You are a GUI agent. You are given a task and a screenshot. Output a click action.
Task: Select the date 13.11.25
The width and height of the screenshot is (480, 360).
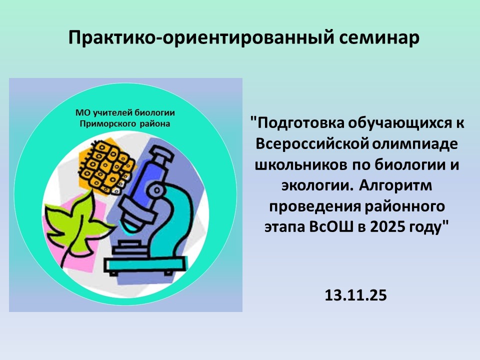355,295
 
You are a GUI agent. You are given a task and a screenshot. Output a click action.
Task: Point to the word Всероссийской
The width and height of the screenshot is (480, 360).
310,143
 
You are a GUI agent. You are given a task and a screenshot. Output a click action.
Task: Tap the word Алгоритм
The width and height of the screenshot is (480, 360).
395,185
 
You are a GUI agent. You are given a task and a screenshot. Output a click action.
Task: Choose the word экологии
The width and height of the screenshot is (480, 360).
315,186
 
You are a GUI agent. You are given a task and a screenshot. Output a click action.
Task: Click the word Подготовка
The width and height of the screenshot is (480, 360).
301,123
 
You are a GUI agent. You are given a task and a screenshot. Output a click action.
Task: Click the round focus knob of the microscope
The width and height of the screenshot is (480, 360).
156,190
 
